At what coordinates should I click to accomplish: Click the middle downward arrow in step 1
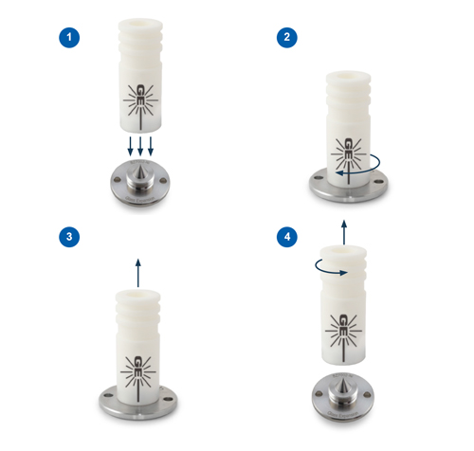point(139,147)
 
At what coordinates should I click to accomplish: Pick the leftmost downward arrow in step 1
point(129,147)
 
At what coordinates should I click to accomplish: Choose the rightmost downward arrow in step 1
point(151,147)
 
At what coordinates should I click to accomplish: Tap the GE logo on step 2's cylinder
point(348,150)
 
